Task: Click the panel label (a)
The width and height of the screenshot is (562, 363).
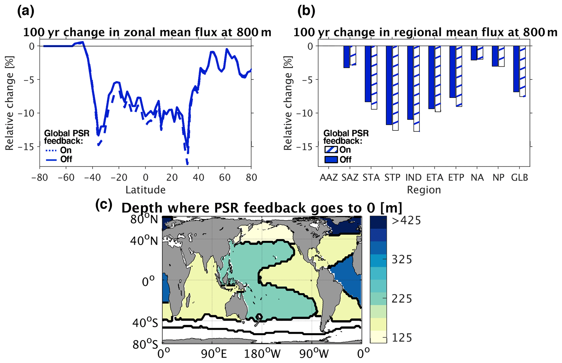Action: click(26, 12)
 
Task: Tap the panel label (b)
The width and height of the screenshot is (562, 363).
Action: click(306, 12)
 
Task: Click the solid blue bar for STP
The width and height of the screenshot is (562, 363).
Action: click(389, 85)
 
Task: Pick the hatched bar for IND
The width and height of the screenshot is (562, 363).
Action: click(417, 89)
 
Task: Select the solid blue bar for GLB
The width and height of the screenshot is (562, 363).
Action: click(516, 69)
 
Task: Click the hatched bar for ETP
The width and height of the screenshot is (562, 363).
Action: click(459, 76)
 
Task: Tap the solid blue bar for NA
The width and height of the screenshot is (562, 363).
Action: click(474, 53)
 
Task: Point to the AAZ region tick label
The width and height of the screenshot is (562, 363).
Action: click(329, 178)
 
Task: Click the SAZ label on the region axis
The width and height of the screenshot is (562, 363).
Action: click(350, 178)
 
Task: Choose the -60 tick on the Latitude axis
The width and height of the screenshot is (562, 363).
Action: click(66, 178)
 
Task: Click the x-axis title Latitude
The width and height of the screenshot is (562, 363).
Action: click(145, 190)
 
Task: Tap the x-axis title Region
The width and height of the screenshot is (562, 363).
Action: click(424, 190)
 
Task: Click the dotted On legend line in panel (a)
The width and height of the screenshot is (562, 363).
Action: click(51, 150)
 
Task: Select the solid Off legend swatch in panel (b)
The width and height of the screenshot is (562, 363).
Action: click(331, 160)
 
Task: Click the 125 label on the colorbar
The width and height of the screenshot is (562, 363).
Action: click(402, 338)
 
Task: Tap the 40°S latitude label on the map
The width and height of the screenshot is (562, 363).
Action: click(145, 323)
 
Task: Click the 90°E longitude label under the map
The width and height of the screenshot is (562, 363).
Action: click(214, 354)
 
